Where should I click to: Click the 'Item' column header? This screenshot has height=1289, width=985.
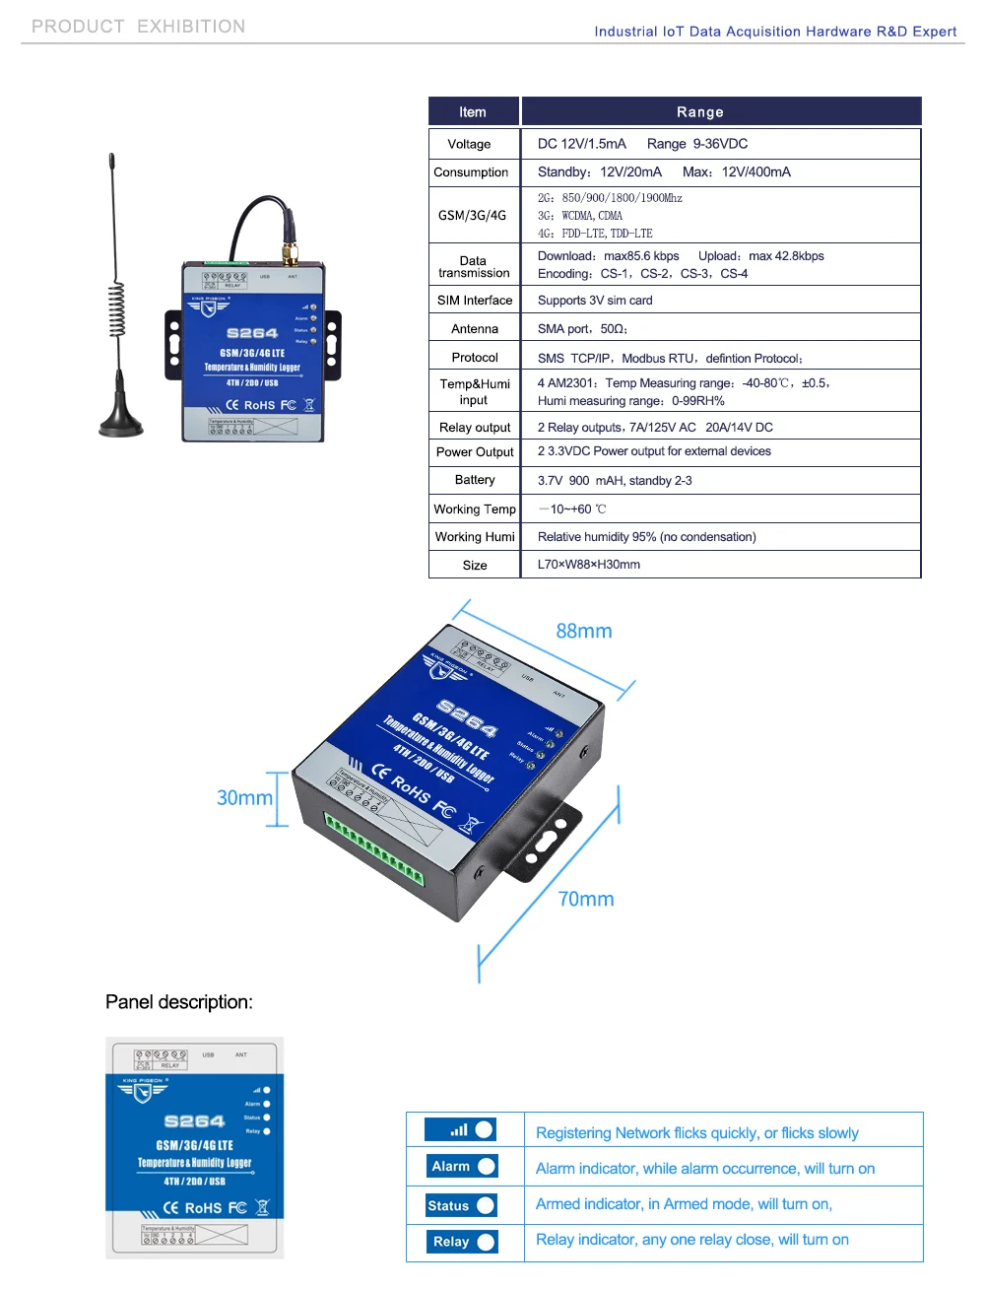pos(473,112)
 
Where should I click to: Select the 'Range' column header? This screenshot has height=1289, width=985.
pos(700,112)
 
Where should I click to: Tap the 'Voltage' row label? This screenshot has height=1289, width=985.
pos(469,144)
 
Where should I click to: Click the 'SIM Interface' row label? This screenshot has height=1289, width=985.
pos(475,301)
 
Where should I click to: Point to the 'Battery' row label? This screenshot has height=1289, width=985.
pos(475,480)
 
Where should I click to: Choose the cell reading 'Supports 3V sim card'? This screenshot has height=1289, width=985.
pos(595,301)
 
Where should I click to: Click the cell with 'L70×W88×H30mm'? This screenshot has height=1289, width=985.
pos(589,565)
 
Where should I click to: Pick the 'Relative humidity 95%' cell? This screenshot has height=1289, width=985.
pos(647,537)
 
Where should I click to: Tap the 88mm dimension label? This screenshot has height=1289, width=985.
pos(584,632)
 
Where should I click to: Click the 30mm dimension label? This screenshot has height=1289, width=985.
pos(244,798)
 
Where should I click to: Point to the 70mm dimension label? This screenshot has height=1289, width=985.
pos(586,899)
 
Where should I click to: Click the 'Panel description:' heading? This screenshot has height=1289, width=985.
pos(179,1002)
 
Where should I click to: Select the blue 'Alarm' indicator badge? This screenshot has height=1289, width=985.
pos(461,1167)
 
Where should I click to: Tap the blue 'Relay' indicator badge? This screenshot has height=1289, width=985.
pos(461,1242)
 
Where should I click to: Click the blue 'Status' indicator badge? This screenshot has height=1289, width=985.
pos(461,1205)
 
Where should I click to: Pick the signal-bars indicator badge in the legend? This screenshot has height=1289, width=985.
pos(461,1129)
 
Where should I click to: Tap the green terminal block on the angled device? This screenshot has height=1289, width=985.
pos(374,848)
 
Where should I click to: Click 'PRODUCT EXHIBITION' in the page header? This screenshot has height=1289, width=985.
pos(139,27)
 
